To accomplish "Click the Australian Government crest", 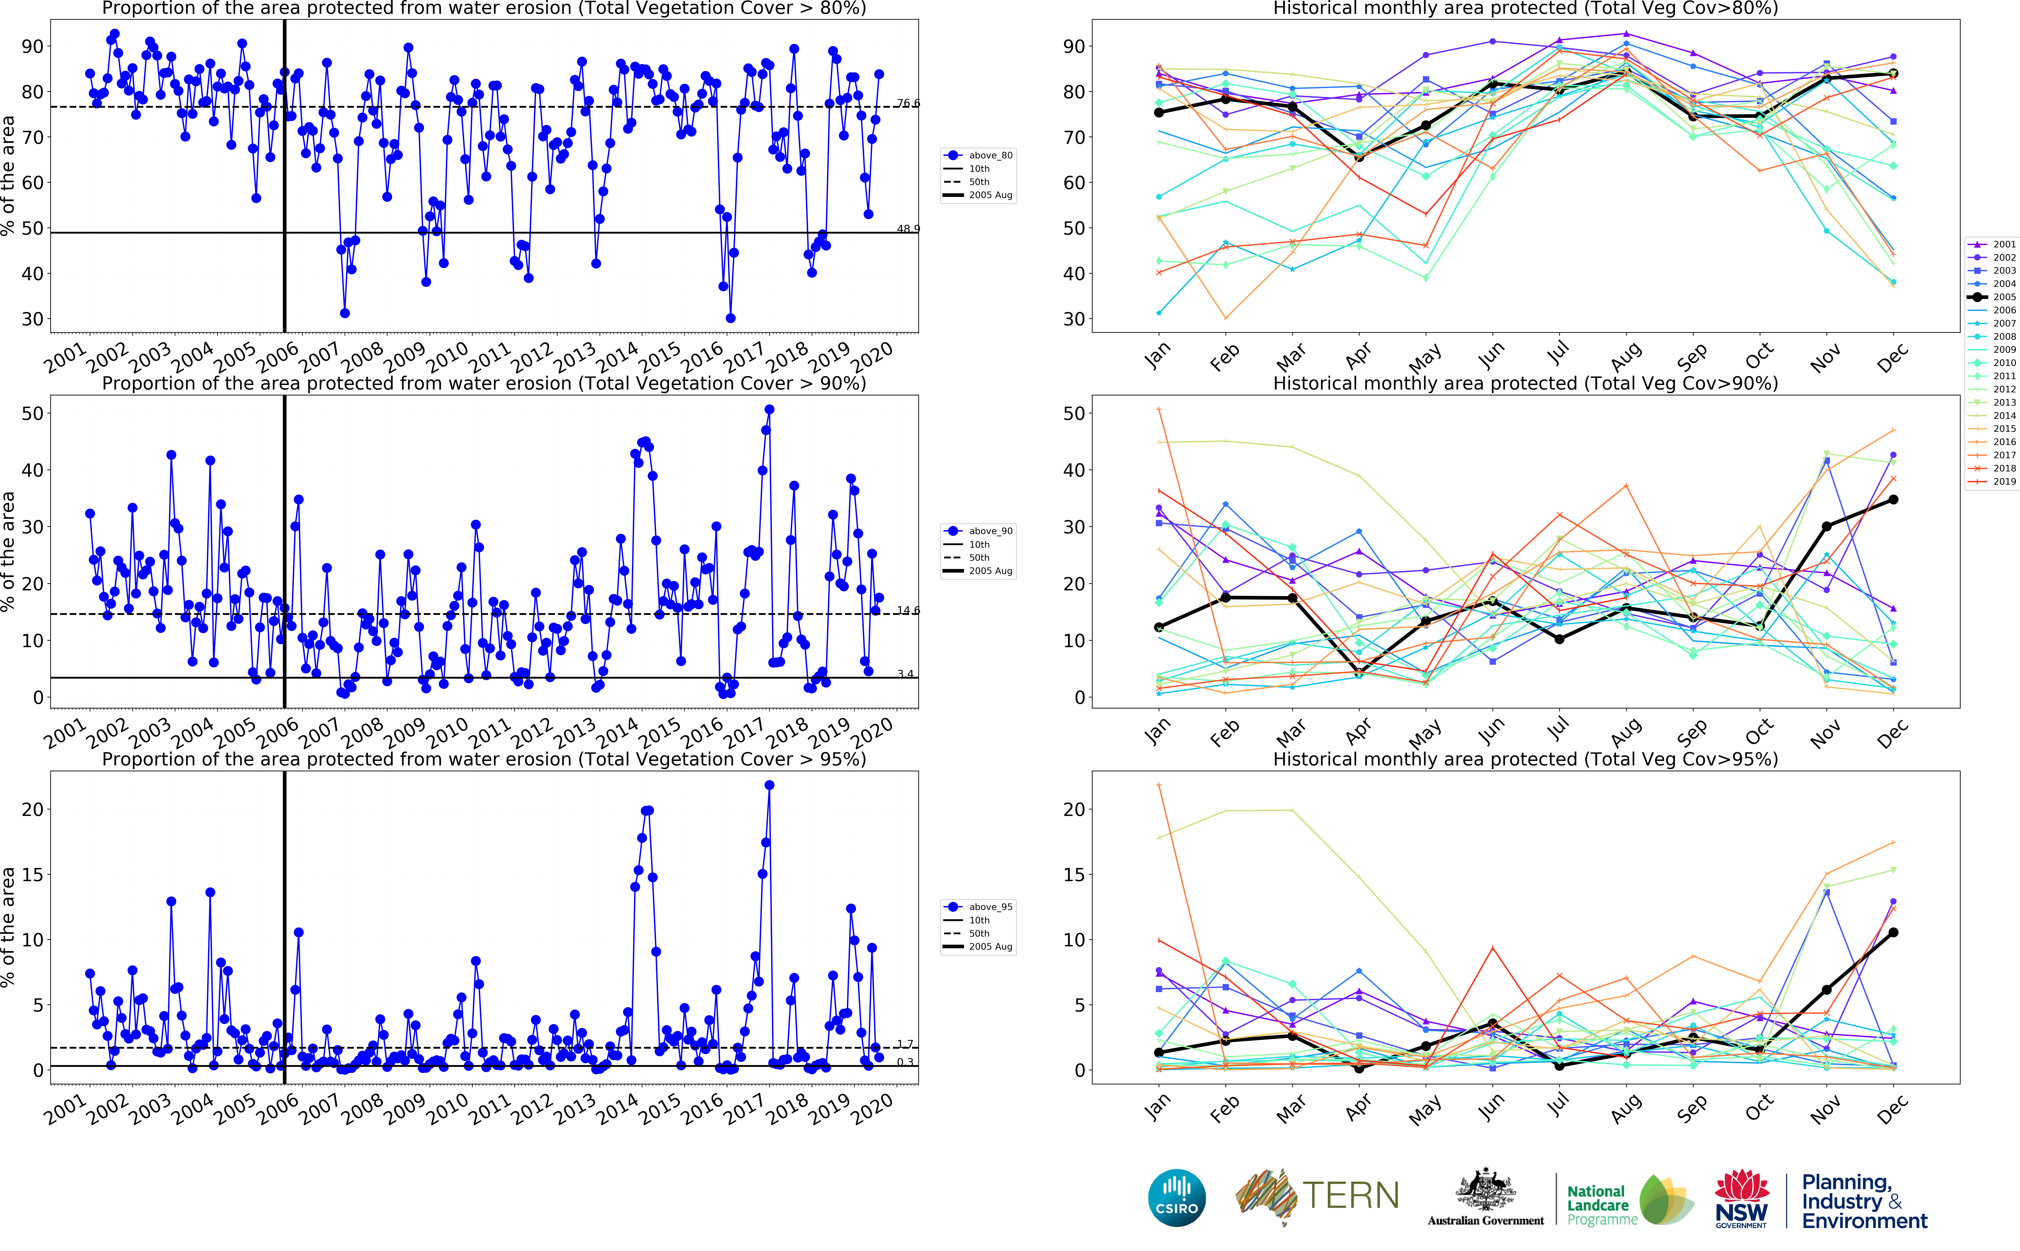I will coord(1486,1191).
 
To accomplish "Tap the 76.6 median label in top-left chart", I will coord(908,103).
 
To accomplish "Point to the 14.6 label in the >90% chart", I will coord(908,611).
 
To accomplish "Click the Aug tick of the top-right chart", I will coord(1626,356).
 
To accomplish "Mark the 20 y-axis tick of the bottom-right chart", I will coord(1074,809).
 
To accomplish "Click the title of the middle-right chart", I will coord(1525,383).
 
